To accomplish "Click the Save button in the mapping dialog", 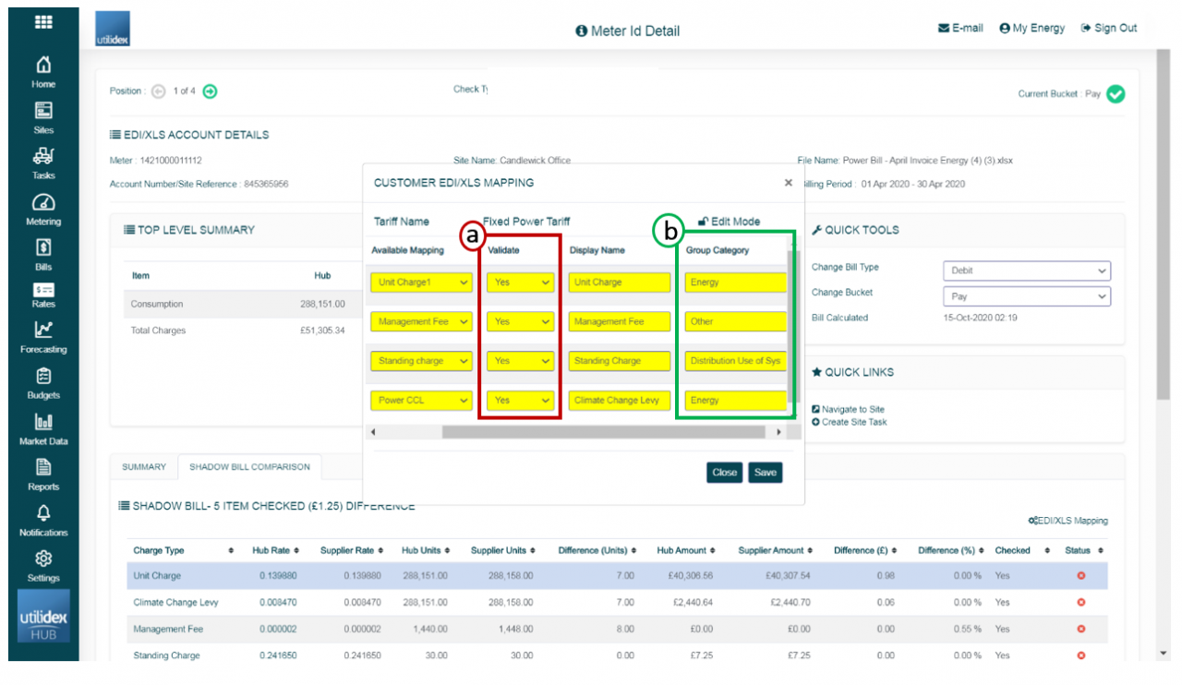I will (766, 473).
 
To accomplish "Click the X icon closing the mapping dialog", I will (788, 183).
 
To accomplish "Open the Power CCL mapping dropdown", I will (421, 401).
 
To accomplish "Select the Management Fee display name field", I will (620, 321).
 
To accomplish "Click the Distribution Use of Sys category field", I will (736, 361).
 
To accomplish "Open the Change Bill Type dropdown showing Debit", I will (1026, 270).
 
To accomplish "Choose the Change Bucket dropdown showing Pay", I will (1026, 296).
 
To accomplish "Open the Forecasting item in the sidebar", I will (43, 337).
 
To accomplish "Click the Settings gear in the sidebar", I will (43, 564).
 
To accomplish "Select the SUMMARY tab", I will (144, 467).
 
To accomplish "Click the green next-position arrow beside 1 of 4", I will (211, 90).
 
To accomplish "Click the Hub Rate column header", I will (275, 550).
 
